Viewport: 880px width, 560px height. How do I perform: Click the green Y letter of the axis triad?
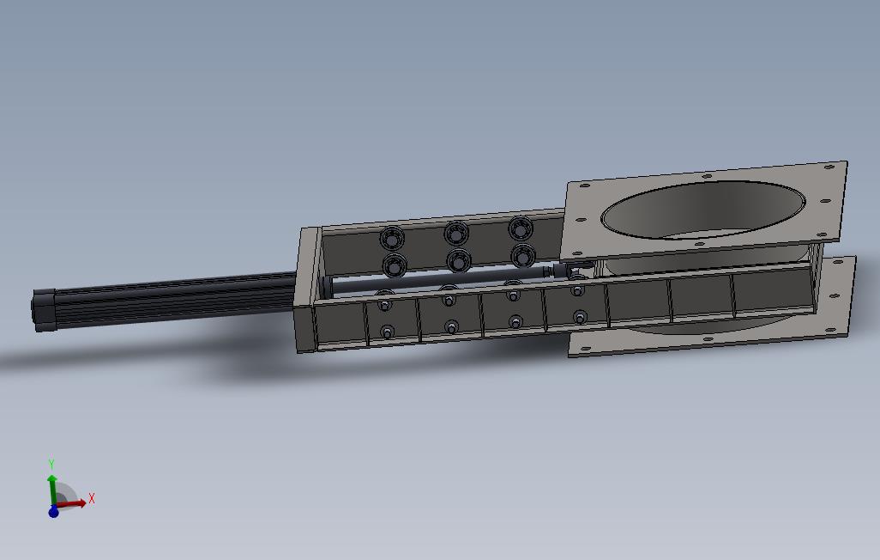pyautogui.click(x=51, y=465)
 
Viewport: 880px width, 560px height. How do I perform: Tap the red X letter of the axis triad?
pyautogui.click(x=92, y=498)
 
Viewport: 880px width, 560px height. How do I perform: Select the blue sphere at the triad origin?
pyautogui.click(x=53, y=511)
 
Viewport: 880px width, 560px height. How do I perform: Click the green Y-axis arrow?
pyautogui.click(x=52, y=488)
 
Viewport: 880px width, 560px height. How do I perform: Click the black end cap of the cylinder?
pyautogui.click(x=41, y=310)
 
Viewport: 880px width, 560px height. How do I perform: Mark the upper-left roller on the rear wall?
pyautogui.click(x=395, y=237)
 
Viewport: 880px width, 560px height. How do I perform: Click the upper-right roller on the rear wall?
pyautogui.click(x=521, y=228)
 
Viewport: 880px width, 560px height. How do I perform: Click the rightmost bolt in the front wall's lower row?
pyautogui.click(x=580, y=317)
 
